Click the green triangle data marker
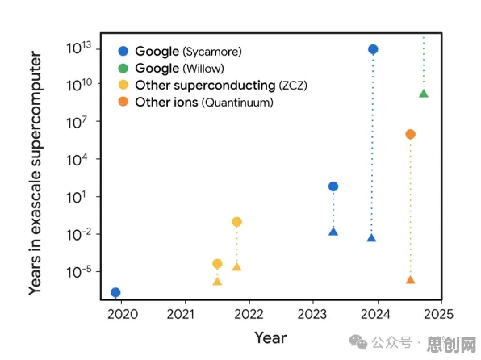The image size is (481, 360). pyautogui.click(x=424, y=94)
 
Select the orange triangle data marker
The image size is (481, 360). pyautogui.click(x=411, y=279)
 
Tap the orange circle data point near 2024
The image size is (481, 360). pyautogui.click(x=411, y=134)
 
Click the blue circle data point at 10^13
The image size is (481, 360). pyautogui.click(x=373, y=49)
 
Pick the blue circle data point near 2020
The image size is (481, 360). pyautogui.click(x=115, y=292)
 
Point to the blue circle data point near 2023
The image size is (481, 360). pyautogui.click(x=333, y=186)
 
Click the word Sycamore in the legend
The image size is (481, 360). pyautogui.click(x=212, y=52)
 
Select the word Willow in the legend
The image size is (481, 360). pyautogui.click(x=203, y=69)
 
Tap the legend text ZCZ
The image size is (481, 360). pyautogui.click(x=293, y=86)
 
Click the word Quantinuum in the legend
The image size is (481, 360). pyautogui.click(x=237, y=103)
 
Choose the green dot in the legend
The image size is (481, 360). pyautogui.click(x=123, y=68)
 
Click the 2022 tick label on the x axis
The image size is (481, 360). pyautogui.click(x=249, y=314)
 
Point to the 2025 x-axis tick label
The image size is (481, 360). pyautogui.click(x=438, y=314)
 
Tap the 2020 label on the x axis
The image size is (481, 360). pyautogui.click(x=123, y=314)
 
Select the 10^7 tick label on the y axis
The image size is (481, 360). pyautogui.click(x=77, y=122)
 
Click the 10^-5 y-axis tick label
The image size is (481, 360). pyautogui.click(x=78, y=272)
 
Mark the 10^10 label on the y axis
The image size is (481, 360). pyautogui.click(x=79, y=85)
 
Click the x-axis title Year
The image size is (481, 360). pyautogui.click(x=270, y=338)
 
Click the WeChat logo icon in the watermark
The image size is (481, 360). pyautogui.click(x=358, y=341)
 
